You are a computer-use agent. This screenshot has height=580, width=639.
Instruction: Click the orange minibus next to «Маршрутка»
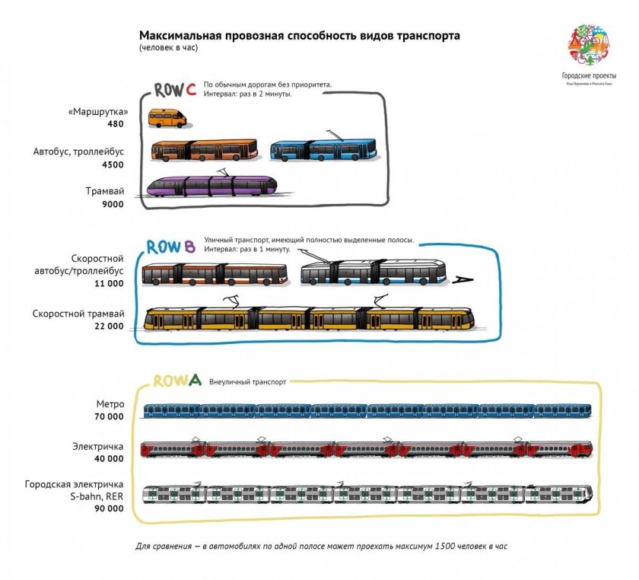(167, 117)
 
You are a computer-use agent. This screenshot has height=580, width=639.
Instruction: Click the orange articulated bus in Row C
(205, 150)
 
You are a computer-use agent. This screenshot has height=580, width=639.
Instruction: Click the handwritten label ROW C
(176, 90)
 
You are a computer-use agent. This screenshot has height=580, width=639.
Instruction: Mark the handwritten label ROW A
(177, 381)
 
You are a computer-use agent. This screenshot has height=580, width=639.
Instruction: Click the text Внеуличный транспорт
(247, 382)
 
